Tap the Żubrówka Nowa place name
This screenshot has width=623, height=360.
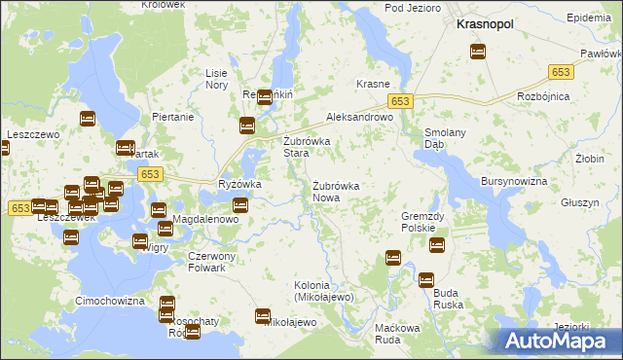point(337,191)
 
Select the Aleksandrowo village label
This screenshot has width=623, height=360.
point(358,116)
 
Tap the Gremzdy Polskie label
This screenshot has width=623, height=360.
point(423,221)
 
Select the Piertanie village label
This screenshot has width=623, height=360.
point(173,117)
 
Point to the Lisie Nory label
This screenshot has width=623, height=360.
point(216,79)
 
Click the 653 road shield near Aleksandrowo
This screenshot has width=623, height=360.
point(401,101)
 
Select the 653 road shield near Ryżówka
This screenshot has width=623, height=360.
point(149,173)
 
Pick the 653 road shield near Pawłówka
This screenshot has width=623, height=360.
point(560,71)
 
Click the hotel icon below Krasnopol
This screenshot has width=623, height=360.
point(478,53)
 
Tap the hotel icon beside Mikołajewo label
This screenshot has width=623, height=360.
point(262,315)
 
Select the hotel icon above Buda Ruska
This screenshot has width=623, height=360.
point(426,280)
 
